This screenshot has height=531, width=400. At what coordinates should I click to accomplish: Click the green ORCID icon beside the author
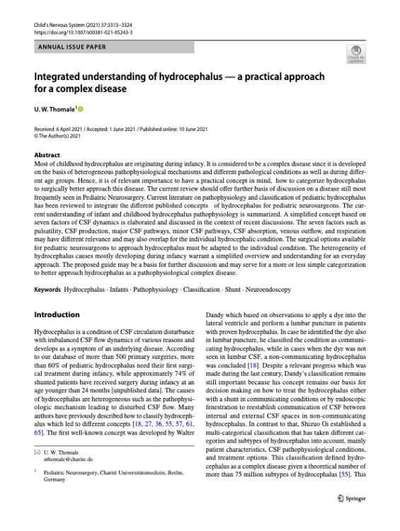(x=80, y=108)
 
